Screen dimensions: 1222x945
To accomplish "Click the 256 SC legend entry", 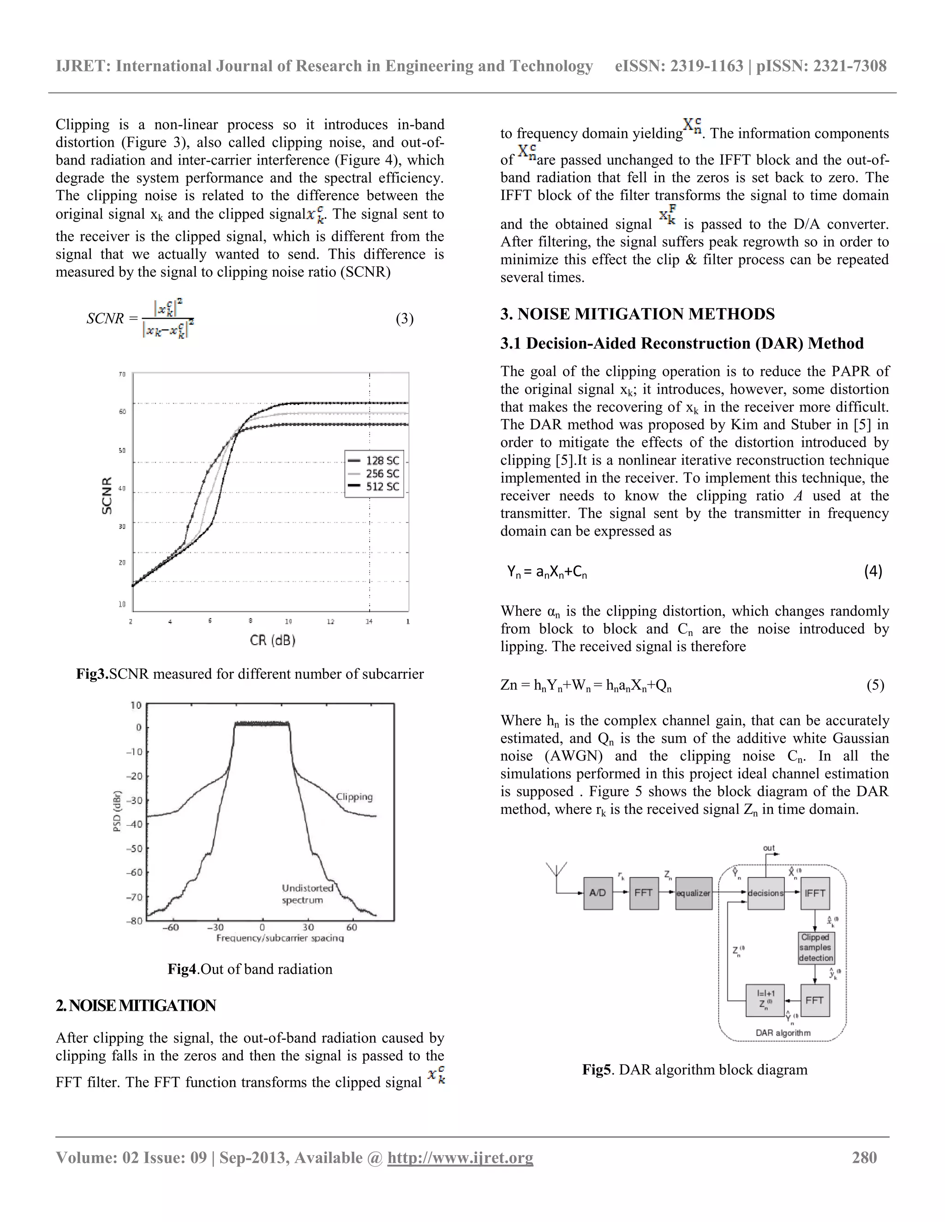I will tap(374, 474).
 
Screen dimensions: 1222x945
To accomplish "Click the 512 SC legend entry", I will tap(374, 486).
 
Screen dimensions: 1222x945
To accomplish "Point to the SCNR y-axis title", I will tap(107, 495).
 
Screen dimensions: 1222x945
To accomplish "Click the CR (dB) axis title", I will tap(273, 640).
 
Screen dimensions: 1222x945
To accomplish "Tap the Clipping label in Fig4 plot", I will tap(354, 797).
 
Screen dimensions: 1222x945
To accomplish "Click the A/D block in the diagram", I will tap(598, 893).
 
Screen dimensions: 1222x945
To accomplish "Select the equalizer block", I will tap(693, 893).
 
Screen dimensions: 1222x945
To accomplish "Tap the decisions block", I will tap(766, 893).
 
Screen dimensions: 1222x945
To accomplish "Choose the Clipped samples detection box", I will tap(815, 947).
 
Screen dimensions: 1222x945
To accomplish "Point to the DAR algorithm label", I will tap(783, 1032).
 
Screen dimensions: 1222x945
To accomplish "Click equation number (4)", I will tap(873, 571).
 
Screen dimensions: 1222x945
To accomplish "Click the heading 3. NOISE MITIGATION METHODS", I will tap(637, 314).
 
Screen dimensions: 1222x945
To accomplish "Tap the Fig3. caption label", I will tap(92, 674).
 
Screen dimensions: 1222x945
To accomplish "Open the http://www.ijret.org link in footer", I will tap(460, 1157).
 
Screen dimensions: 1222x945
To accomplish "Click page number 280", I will tap(864, 1157).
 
